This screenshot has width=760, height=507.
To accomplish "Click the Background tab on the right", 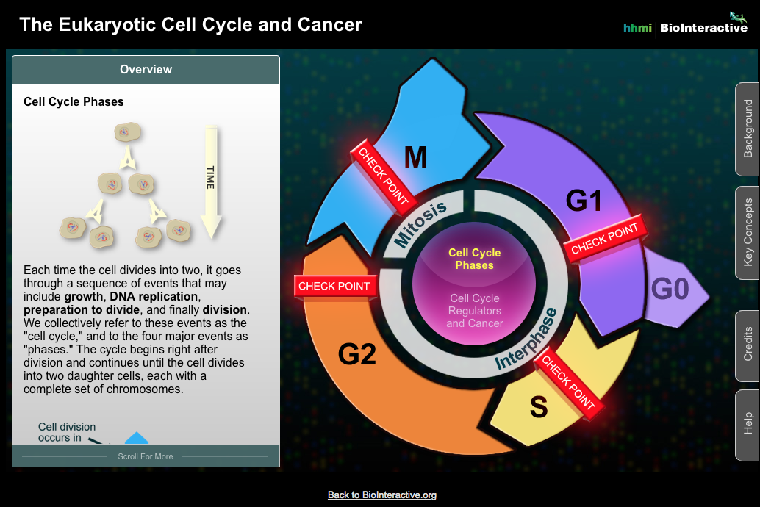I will click(748, 129).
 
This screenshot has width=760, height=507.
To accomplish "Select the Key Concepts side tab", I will click(748, 232).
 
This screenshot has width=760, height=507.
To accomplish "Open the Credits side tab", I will click(748, 344).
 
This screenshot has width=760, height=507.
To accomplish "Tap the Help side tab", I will click(748, 423).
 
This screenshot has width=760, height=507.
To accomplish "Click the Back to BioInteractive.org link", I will click(381, 495).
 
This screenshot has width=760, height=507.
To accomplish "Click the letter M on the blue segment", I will click(415, 157).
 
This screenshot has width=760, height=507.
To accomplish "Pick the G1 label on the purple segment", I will click(584, 201).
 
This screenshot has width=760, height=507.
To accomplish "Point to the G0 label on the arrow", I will click(670, 290).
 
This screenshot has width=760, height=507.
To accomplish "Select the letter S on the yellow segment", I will click(538, 407).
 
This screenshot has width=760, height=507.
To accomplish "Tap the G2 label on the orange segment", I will click(357, 355).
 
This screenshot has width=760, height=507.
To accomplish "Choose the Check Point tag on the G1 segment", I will click(604, 239).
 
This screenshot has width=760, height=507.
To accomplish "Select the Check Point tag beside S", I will click(568, 381).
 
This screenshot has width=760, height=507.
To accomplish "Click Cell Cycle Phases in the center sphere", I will click(474, 259).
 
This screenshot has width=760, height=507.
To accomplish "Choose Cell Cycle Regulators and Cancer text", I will click(474, 310).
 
